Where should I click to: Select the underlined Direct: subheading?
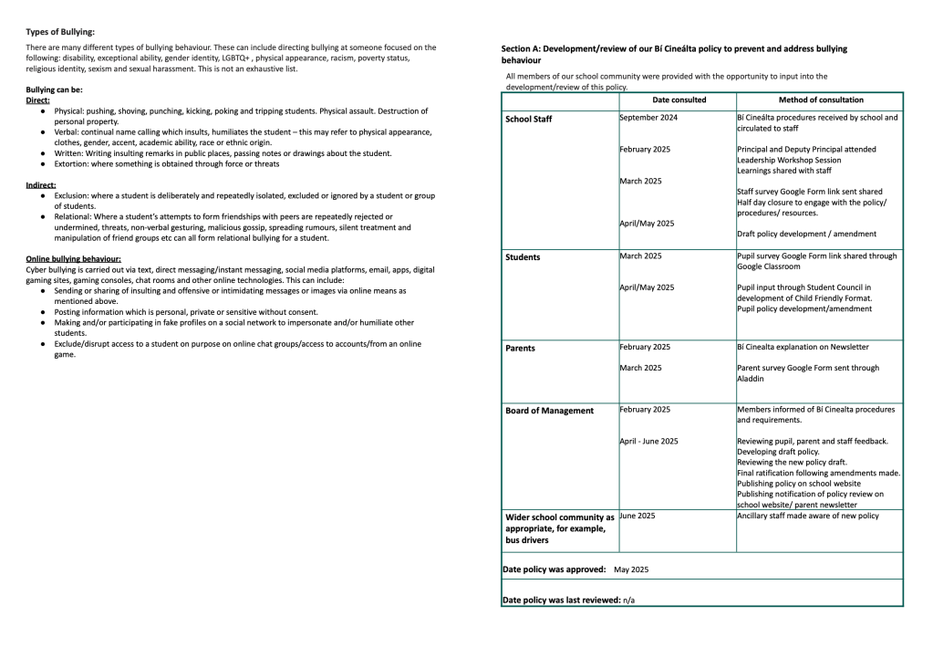tap(37, 100)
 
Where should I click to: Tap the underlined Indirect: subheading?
tap(41, 185)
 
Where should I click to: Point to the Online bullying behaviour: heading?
tap(73, 259)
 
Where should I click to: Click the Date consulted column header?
tap(679, 100)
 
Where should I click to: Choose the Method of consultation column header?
tap(821, 100)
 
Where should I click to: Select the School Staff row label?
tap(528, 120)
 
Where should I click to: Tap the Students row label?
tap(523, 257)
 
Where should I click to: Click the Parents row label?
tap(520, 349)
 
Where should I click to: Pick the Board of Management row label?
tap(549, 411)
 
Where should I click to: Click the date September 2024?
tap(648, 118)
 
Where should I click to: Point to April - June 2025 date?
tap(648, 441)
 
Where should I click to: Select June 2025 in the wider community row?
tap(638, 516)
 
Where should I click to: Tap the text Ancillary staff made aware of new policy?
tap(808, 516)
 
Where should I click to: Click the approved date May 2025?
tap(631, 569)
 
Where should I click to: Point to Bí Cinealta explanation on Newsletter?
tap(803, 347)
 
